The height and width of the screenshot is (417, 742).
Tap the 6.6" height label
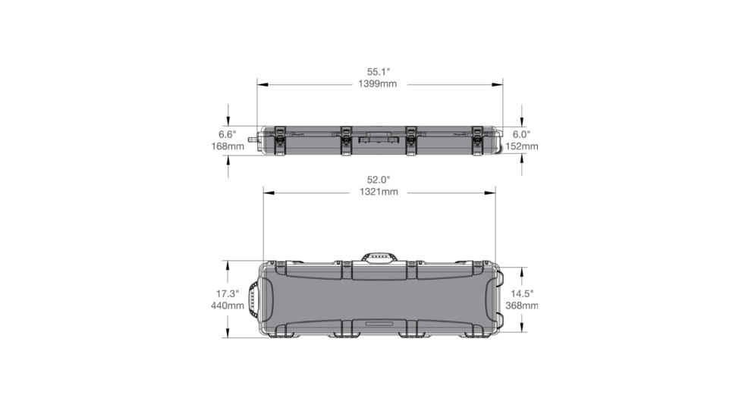point(228,133)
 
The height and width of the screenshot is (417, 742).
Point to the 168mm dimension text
point(228,146)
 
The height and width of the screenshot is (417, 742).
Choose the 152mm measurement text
point(523,146)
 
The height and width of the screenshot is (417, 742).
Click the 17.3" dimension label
point(228,293)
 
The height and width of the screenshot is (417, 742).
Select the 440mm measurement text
point(228,306)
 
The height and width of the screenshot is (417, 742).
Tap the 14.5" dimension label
point(522,293)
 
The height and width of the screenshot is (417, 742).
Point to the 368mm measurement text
point(523,306)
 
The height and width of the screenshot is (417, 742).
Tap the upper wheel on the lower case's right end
point(498,277)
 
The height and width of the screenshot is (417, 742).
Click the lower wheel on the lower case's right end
point(498,320)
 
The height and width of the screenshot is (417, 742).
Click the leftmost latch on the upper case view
point(278,140)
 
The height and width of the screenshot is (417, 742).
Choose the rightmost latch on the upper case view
point(477,140)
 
